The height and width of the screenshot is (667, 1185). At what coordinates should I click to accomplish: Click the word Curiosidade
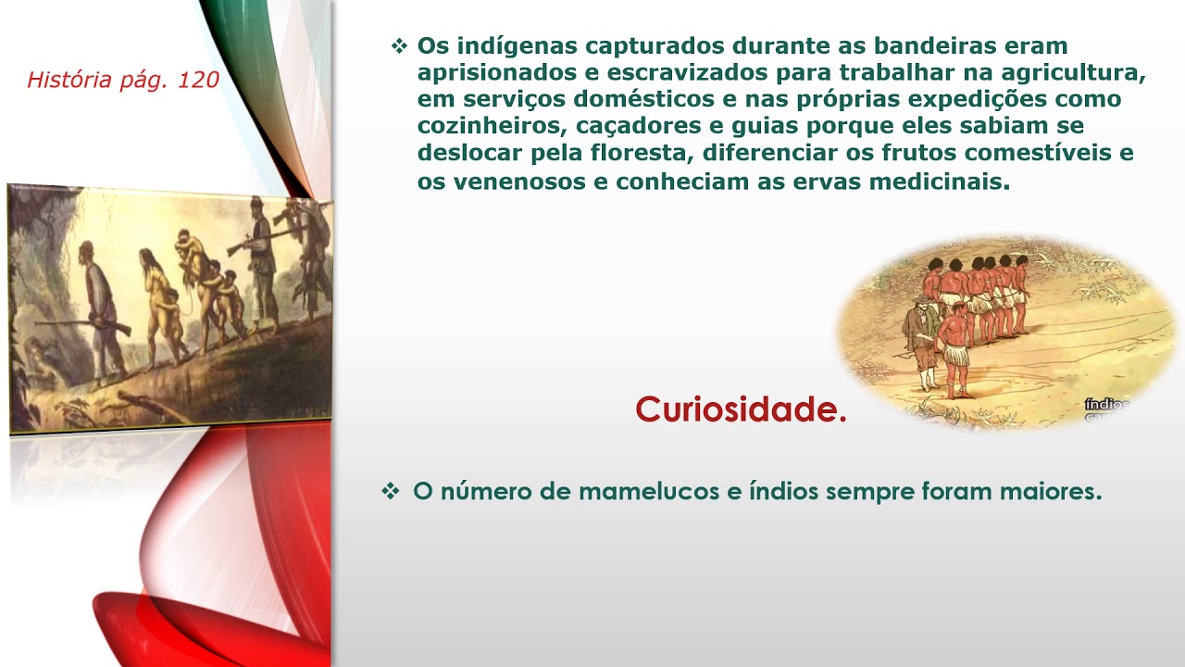(x=740, y=409)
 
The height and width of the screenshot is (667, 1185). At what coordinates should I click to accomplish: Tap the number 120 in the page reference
(x=197, y=81)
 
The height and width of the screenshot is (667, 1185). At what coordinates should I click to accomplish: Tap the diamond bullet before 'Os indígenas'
(x=399, y=45)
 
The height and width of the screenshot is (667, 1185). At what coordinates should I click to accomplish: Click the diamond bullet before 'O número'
(x=390, y=492)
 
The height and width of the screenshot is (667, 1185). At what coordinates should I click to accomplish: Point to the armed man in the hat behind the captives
(x=263, y=259)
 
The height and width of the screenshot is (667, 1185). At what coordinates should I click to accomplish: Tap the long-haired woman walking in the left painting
(x=156, y=296)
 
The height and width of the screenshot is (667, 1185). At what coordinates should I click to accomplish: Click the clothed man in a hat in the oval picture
(x=919, y=338)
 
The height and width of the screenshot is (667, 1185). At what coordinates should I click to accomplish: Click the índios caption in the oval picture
(x=1106, y=406)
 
